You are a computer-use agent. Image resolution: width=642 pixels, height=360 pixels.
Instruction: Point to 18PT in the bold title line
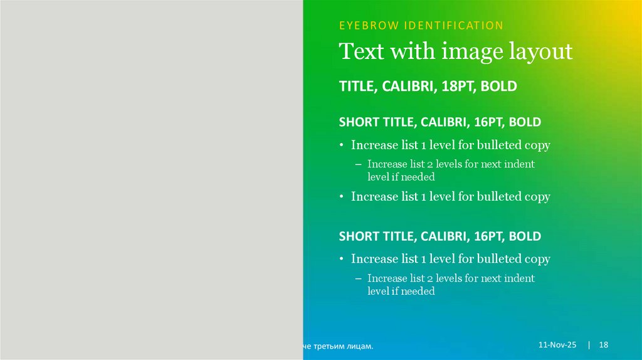pos(458,87)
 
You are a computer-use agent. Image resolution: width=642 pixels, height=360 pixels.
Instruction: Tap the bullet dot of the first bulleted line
pos(342,146)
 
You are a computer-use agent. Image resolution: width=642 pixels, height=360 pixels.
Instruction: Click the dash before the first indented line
pos(358,164)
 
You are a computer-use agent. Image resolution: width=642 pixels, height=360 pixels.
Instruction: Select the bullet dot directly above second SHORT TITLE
pos(342,197)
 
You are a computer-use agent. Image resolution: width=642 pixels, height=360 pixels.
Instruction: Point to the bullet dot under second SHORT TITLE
pos(342,259)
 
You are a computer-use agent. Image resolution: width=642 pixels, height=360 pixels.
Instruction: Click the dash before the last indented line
pos(358,278)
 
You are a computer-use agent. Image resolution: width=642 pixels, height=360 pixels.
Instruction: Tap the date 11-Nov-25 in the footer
pos(557,346)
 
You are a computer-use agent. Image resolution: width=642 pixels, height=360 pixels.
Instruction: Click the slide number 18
pos(604,346)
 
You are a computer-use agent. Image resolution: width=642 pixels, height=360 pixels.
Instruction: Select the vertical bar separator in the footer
pos(589,346)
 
